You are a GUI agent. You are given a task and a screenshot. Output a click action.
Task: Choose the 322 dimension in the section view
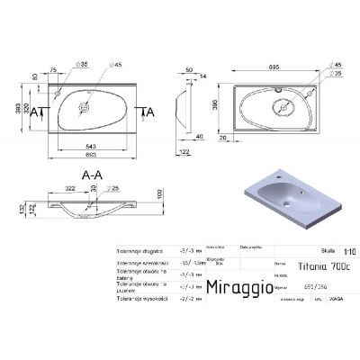[x=68, y=190]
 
